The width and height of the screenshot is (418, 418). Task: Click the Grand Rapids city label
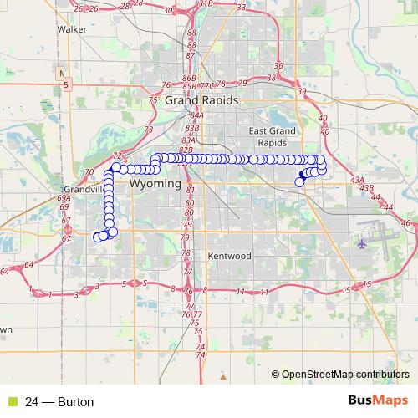point(201,99)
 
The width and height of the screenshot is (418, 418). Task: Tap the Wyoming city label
point(155,182)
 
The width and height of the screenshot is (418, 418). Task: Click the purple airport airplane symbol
point(361,244)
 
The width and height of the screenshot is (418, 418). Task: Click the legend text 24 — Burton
point(59,402)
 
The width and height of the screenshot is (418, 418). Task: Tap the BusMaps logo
point(375,401)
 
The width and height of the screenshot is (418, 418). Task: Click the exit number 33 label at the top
point(241,8)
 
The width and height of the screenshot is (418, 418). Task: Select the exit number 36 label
point(278,65)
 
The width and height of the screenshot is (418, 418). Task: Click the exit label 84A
point(196,115)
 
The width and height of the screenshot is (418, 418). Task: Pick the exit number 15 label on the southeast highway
point(345,289)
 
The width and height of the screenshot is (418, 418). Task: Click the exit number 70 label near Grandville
point(89,172)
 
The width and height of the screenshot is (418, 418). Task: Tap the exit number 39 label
point(302,91)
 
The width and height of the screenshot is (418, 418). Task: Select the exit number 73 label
point(149,130)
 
